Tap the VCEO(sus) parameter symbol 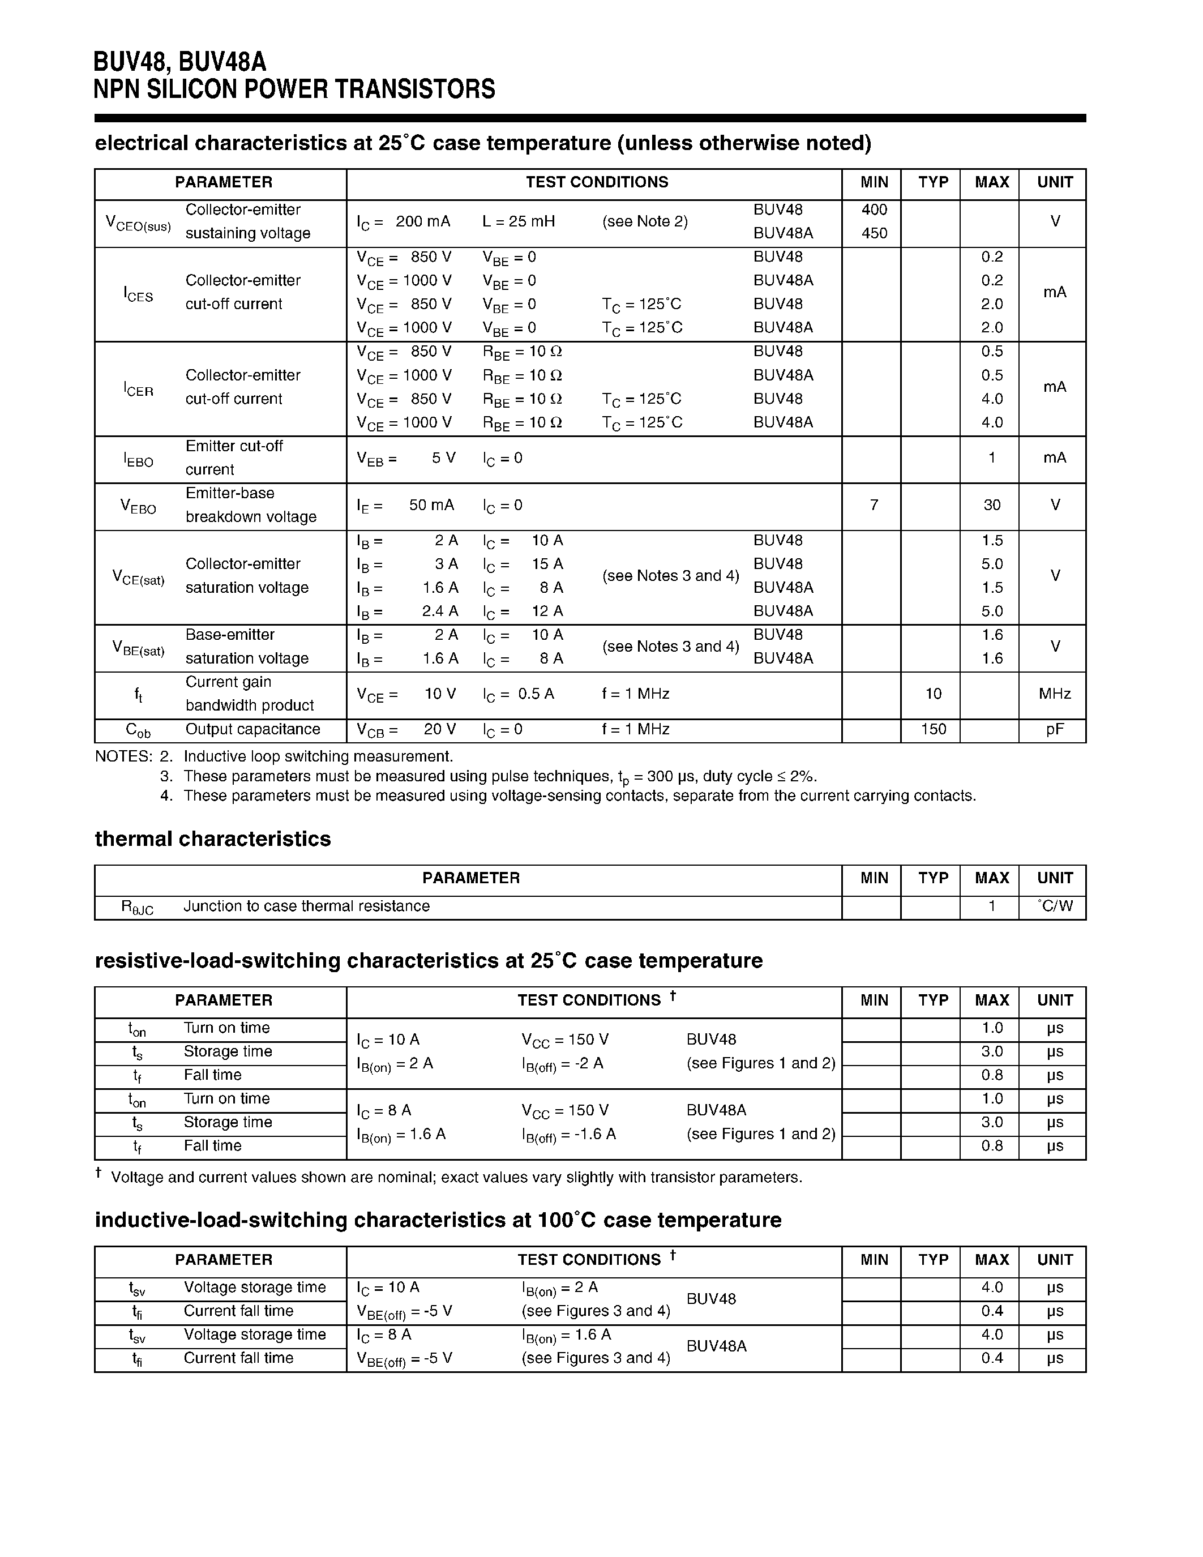click(138, 223)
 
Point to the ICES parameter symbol click(138, 294)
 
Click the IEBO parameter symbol click(138, 460)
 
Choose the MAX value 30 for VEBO click(991, 506)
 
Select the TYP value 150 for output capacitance click(933, 729)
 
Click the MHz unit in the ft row click(1054, 694)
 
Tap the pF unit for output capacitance click(1054, 730)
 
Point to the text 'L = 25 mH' click(518, 222)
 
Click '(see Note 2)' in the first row click(644, 222)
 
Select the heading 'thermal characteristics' click(212, 839)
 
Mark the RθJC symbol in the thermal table click(137, 908)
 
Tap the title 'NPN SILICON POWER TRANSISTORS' click(294, 89)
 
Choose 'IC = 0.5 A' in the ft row click(517, 694)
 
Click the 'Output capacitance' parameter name click(252, 729)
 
